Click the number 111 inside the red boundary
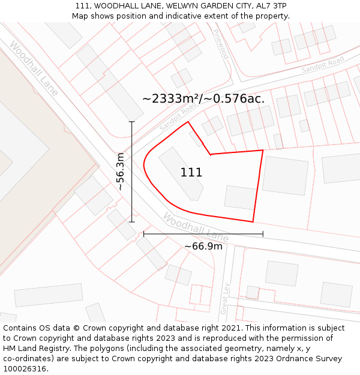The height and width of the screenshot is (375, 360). click(x=191, y=173)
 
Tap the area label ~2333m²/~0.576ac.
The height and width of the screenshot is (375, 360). click(x=203, y=99)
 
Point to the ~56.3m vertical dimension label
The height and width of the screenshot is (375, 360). click(x=120, y=172)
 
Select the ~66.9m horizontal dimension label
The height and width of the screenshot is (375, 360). click(x=203, y=246)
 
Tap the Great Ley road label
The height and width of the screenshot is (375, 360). click(x=226, y=298)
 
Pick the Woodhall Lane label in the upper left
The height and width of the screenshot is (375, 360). click(x=34, y=68)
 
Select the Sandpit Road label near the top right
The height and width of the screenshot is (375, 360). click(x=323, y=64)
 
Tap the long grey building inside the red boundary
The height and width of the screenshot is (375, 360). click(x=181, y=173)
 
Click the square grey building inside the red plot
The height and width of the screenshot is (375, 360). click(x=240, y=197)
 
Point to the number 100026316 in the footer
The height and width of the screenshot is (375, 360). click(x=25, y=369)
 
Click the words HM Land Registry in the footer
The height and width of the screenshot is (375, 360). click(x=30, y=349)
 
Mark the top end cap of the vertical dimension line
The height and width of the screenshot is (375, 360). click(x=132, y=122)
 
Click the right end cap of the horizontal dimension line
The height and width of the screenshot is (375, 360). click(x=263, y=234)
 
